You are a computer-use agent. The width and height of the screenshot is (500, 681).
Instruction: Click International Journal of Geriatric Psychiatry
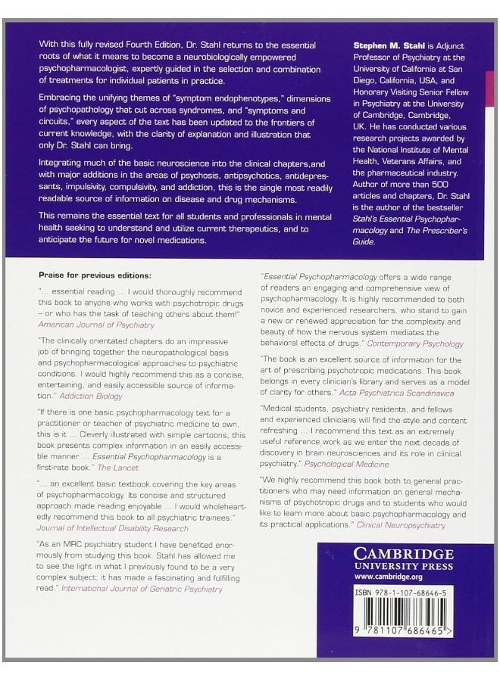point(142,588)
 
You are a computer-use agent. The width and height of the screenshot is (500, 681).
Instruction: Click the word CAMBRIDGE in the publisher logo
point(403,554)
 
